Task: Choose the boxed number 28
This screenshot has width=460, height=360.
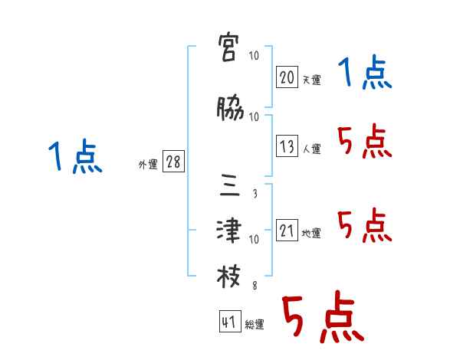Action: [x=173, y=163]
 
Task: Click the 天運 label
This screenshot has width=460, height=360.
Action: [x=310, y=80]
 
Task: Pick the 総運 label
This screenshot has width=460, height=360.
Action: [x=254, y=325]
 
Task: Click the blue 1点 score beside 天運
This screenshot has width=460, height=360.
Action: [x=365, y=75]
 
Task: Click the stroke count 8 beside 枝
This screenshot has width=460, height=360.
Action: [x=254, y=285]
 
